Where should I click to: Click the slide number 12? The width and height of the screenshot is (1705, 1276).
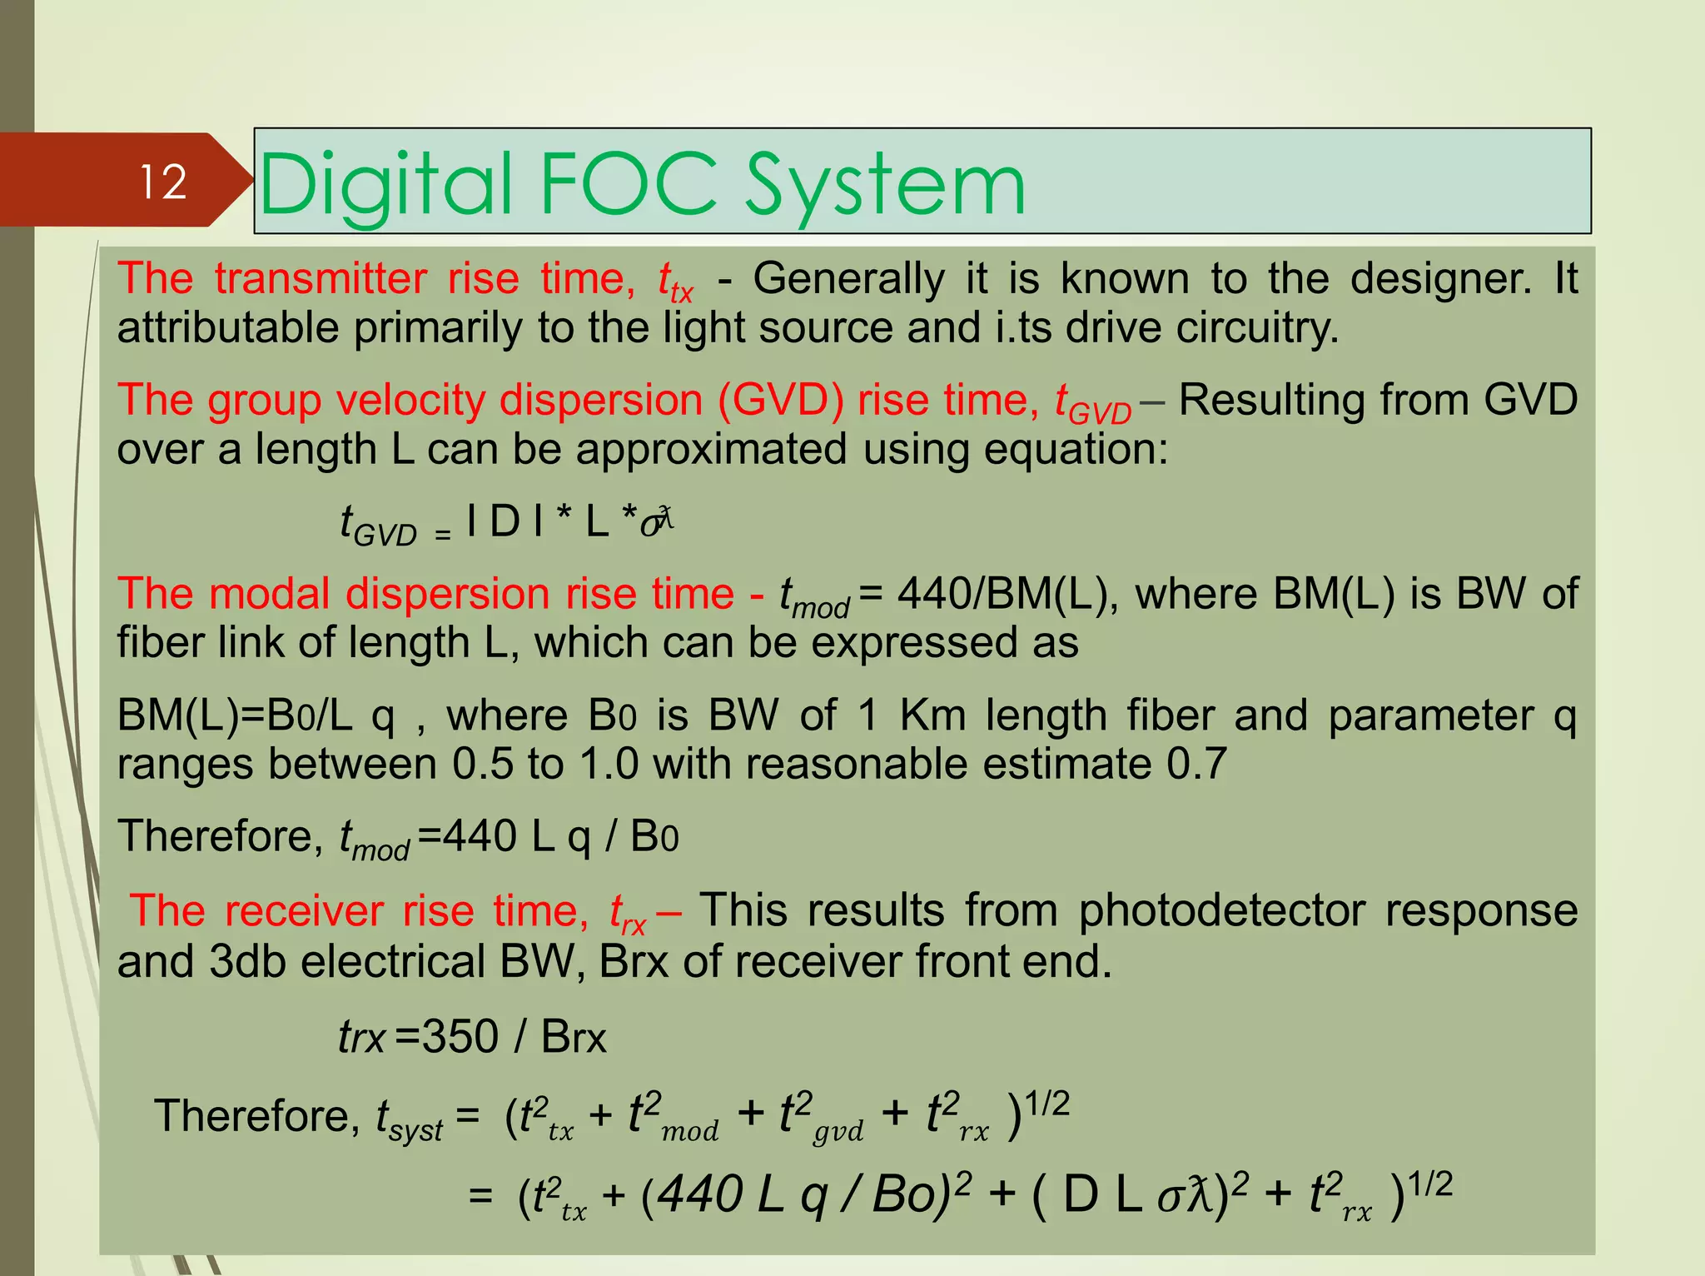[163, 182]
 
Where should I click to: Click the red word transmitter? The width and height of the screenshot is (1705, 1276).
[320, 278]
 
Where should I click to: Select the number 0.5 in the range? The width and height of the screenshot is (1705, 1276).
[483, 764]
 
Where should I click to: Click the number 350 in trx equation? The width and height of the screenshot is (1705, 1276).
[460, 1037]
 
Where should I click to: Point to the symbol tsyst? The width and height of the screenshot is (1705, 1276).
[408, 1118]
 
